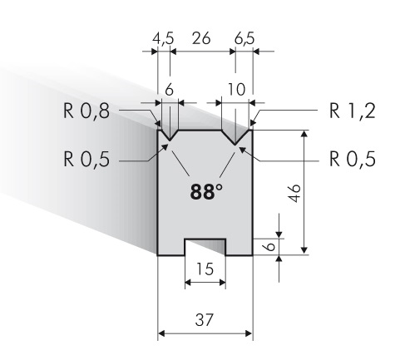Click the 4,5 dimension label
(163, 38)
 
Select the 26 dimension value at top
(201, 38)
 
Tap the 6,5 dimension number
(244, 38)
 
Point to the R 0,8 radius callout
(86, 111)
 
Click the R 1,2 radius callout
(353, 111)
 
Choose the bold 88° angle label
(206, 191)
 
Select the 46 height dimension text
(294, 193)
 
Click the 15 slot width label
(205, 269)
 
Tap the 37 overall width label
(205, 319)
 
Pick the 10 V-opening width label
(236, 89)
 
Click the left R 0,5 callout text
(86, 159)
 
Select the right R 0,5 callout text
(353, 159)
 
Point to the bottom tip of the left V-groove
(170, 141)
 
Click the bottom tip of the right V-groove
(235, 145)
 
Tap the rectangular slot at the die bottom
(205, 247)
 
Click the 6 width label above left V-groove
(169, 89)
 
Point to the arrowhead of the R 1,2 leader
(253, 123)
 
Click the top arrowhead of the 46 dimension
(304, 134)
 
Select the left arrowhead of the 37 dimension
(161, 333)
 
